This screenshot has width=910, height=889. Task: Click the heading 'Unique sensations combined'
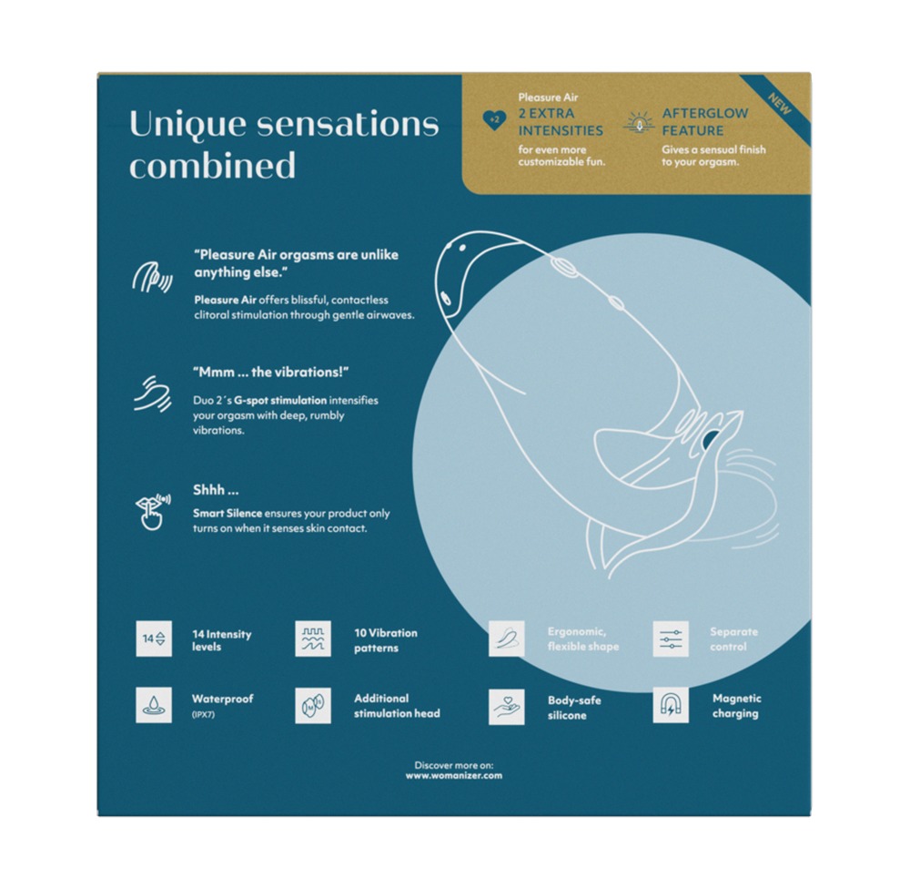coord(284,144)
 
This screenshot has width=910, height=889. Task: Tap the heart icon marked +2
coord(494,120)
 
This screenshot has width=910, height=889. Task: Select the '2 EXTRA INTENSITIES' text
coord(560,122)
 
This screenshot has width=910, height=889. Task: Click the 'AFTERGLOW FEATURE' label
coord(704,122)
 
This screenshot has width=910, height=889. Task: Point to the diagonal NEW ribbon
coord(778,106)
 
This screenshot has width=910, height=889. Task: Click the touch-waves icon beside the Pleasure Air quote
coord(152,277)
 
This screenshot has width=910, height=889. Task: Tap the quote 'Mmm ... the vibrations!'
coord(270,373)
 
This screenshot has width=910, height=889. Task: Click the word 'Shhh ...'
coord(216,490)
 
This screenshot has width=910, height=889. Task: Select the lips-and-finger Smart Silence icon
coord(152,512)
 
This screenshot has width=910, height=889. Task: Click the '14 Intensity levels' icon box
coord(154,639)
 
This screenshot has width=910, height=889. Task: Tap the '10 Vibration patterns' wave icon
coord(313,639)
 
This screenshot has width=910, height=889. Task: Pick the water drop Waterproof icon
coord(154,705)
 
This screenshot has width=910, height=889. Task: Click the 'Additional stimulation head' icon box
coord(313,705)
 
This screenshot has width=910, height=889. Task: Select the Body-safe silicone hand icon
coord(506,707)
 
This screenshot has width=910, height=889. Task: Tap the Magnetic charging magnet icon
coord(671,705)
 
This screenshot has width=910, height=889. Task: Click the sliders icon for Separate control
coord(671,639)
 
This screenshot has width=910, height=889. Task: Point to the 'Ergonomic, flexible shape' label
coord(583,639)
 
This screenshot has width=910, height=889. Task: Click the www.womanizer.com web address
coord(454,776)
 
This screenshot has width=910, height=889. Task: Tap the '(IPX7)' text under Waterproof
coord(203,714)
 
